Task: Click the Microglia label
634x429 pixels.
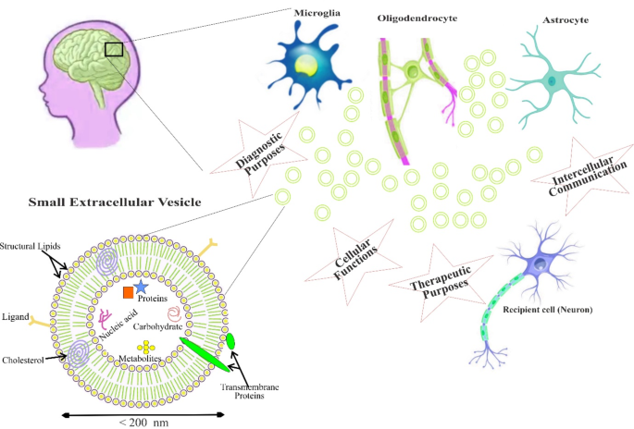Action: coord(316,16)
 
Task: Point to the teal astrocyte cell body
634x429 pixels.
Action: coord(552,81)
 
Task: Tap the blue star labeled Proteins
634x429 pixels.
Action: coord(142,288)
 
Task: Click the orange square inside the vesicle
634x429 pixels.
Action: coord(129,293)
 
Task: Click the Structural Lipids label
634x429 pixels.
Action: coord(30,247)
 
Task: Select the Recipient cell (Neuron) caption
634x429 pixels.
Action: coord(548,308)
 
